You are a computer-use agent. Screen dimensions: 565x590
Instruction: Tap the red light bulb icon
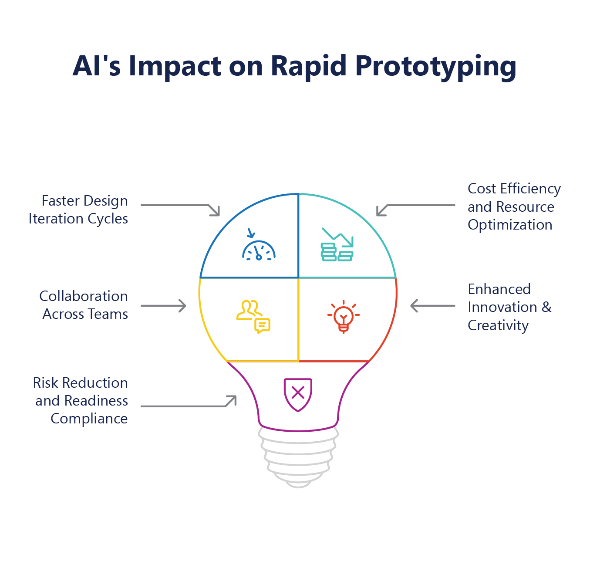tap(344, 316)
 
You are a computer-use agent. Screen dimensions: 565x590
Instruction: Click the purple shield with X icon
tap(298, 394)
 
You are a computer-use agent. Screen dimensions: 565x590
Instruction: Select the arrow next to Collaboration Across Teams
tap(164, 305)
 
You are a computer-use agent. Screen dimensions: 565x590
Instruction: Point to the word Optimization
tap(510, 225)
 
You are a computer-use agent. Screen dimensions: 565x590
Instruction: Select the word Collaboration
tap(84, 296)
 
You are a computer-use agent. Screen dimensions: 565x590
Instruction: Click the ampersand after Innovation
tap(546, 307)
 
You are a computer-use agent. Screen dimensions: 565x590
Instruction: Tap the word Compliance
tap(89, 419)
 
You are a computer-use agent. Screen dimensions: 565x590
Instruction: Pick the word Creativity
tap(498, 325)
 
